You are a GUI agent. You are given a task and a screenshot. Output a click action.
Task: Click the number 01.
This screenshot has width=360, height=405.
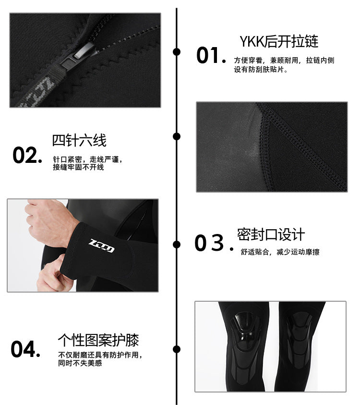point(210,56)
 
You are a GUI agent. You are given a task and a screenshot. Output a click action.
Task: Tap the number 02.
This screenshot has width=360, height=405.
point(27,156)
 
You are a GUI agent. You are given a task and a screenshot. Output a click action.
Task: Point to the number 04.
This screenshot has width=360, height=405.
point(25,349)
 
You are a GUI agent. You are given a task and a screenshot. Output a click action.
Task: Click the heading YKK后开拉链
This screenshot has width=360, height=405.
point(278,41)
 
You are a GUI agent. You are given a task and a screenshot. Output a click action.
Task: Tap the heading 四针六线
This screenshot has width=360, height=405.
point(79,140)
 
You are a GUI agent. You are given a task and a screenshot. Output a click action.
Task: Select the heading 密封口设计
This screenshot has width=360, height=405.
point(271,235)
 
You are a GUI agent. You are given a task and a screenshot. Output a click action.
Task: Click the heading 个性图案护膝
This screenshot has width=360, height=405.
point(98,340)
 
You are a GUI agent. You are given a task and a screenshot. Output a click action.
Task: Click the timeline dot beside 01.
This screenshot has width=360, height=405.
point(177,52)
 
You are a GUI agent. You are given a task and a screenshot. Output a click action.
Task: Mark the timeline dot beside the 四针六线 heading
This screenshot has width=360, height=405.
point(177,136)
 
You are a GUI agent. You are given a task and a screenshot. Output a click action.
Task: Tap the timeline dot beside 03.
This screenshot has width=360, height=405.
point(177,244)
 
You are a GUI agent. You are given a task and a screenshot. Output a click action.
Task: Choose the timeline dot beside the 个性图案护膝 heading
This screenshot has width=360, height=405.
point(177,349)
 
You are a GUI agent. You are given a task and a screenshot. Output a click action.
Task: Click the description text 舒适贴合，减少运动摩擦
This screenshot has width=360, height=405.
point(280,252)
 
